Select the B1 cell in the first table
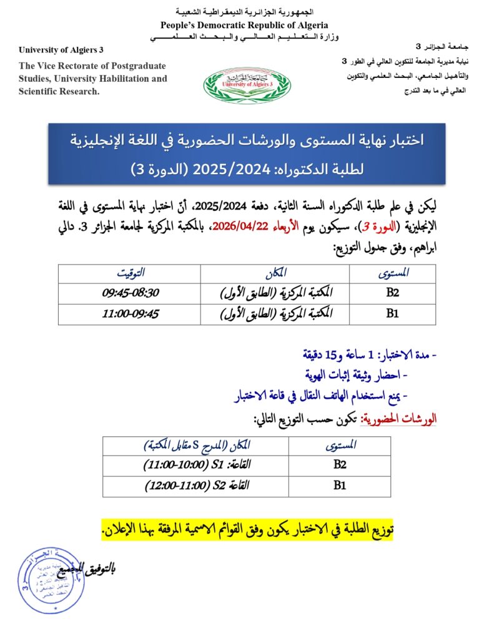click(x=392, y=314)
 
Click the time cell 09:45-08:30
click(x=130, y=292)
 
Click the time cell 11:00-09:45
click(x=130, y=314)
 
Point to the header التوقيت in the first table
click(x=130, y=273)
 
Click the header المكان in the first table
click(x=275, y=273)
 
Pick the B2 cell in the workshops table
click(x=340, y=464)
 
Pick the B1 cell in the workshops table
click(x=340, y=485)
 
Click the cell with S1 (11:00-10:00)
click(x=196, y=464)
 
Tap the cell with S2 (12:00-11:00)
click(x=196, y=485)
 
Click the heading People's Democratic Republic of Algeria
click(x=244, y=25)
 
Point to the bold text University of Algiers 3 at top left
click(x=61, y=49)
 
